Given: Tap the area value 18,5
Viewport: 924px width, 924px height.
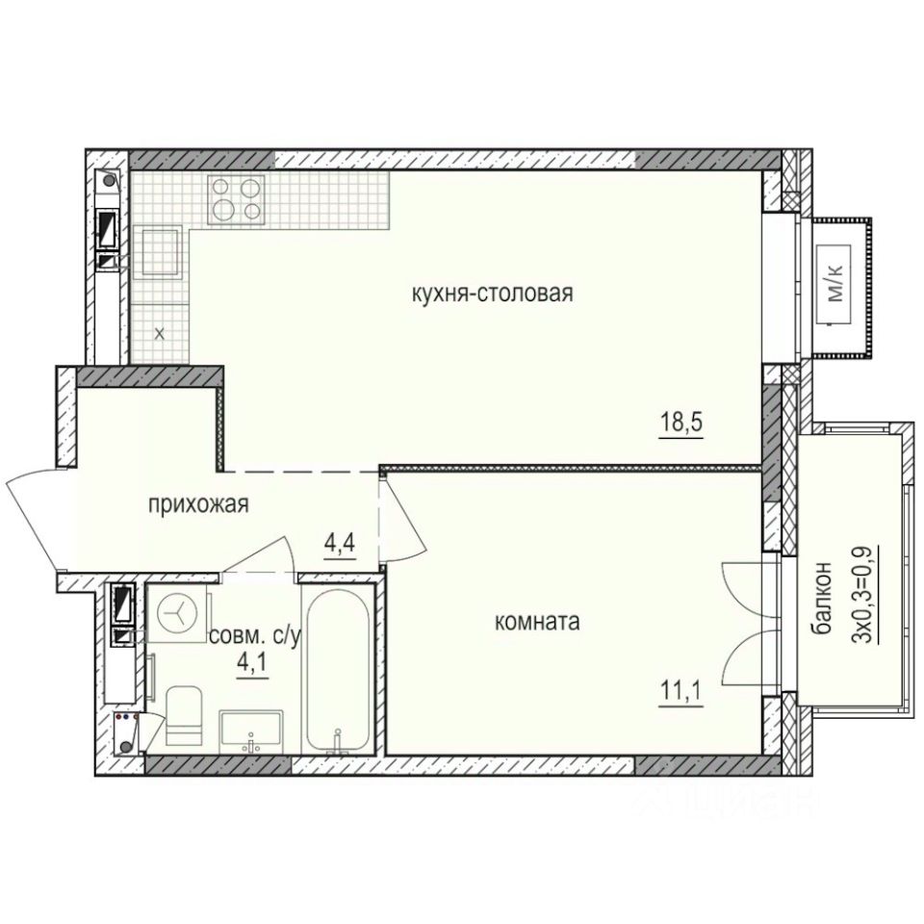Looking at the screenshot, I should click(x=680, y=423).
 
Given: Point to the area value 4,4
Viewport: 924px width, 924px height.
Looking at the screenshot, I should click(x=340, y=545).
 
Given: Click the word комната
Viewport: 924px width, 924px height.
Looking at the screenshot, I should click(x=536, y=623).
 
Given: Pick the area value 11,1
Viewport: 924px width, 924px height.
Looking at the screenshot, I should click(x=680, y=691).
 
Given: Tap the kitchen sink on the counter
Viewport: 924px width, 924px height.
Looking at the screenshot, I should click(x=160, y=251).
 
